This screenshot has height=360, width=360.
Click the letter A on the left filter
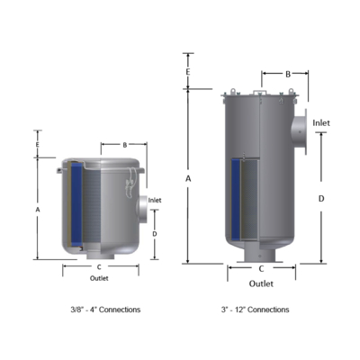(38, 210)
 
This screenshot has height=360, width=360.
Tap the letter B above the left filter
(125, 145)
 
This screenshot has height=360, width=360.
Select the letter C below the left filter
(99, 267)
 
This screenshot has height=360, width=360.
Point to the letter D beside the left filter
(155, 234)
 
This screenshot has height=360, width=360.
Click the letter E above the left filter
(38, 145)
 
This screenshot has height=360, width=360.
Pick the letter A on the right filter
(188, 179)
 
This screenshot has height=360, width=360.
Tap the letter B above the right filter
(288, 74)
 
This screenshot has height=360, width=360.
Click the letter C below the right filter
(261, 269)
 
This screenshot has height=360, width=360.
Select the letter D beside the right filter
(321, 199)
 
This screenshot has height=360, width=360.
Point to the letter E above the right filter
(188, 72)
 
